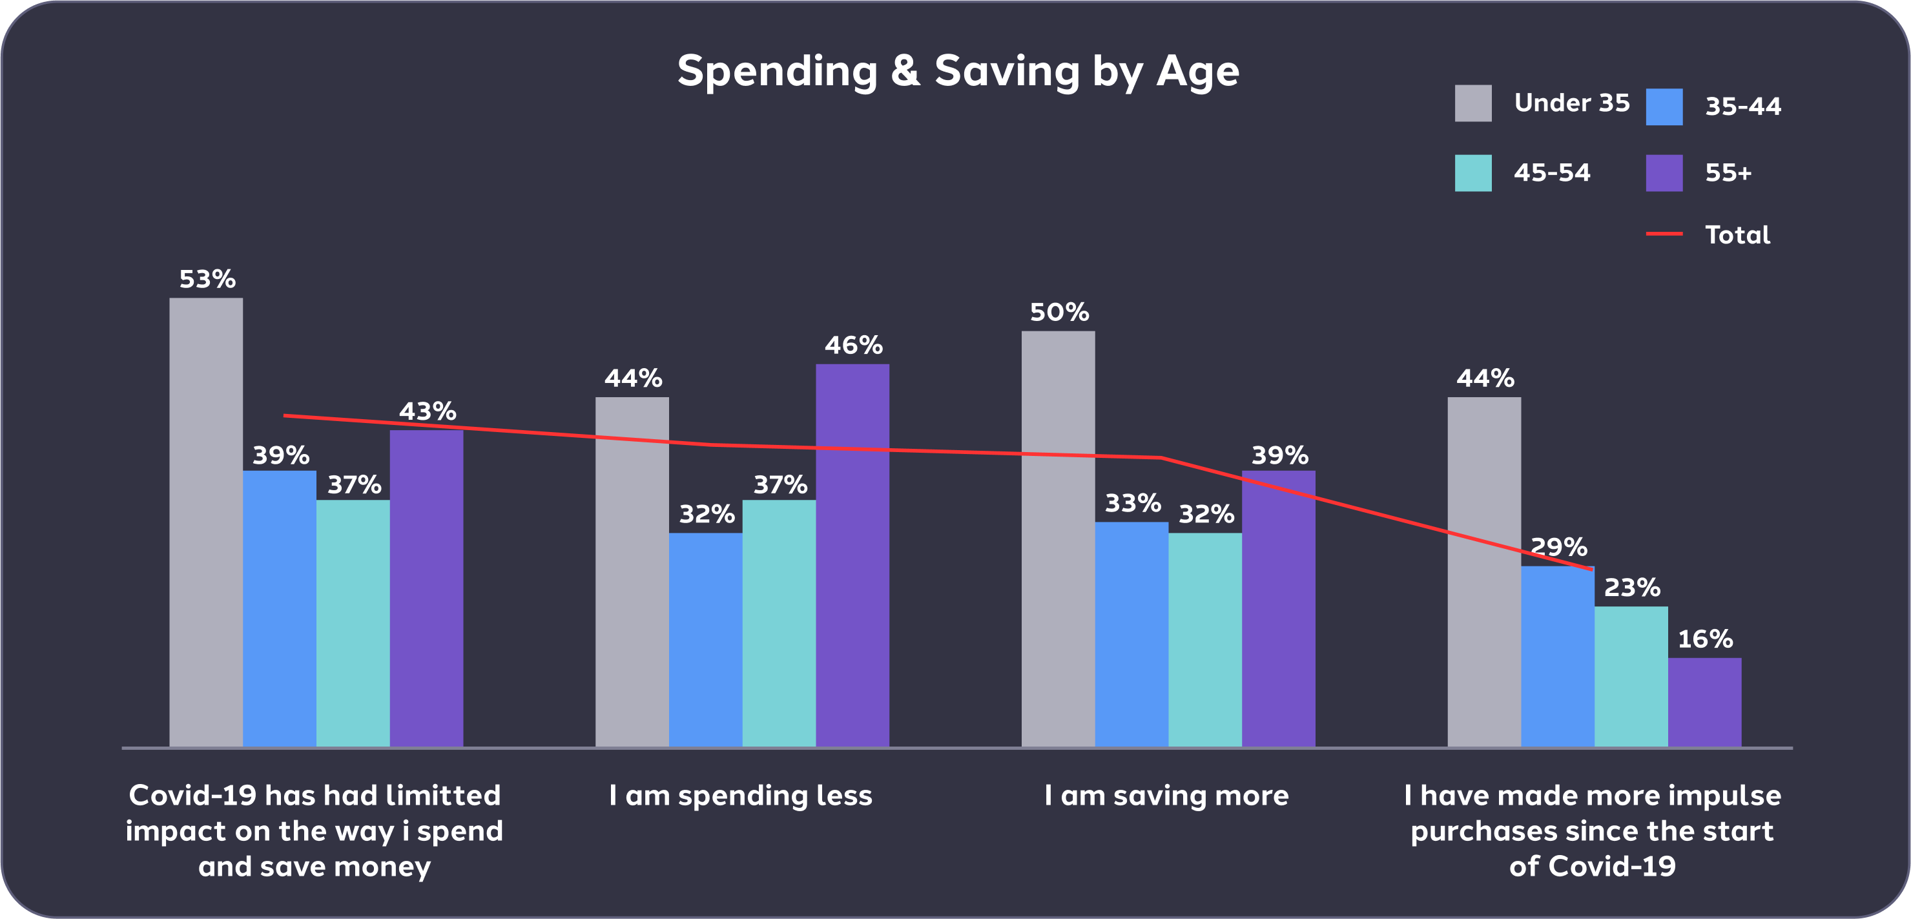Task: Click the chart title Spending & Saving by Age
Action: [958, 71]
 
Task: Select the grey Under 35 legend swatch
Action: [1472, 103]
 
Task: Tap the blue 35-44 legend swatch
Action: [1664, 107]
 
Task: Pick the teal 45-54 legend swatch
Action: [1472, 173]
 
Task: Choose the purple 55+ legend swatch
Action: [1664, 173]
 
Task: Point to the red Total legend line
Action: [1664, 234]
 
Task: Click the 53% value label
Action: [207, 280]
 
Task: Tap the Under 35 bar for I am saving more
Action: [1058, 539]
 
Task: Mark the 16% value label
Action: [1705, 639]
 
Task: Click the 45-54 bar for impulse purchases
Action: [1631, 676]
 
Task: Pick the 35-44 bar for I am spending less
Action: [705, 639]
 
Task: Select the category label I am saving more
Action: [1166, 796]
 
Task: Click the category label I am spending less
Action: [740, 796]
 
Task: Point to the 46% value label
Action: [853, 346]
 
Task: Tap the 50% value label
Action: [1059, 313]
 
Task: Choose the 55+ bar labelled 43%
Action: [426, 588]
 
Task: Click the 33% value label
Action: [1132, 504]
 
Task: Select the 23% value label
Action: [1631, 588]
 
